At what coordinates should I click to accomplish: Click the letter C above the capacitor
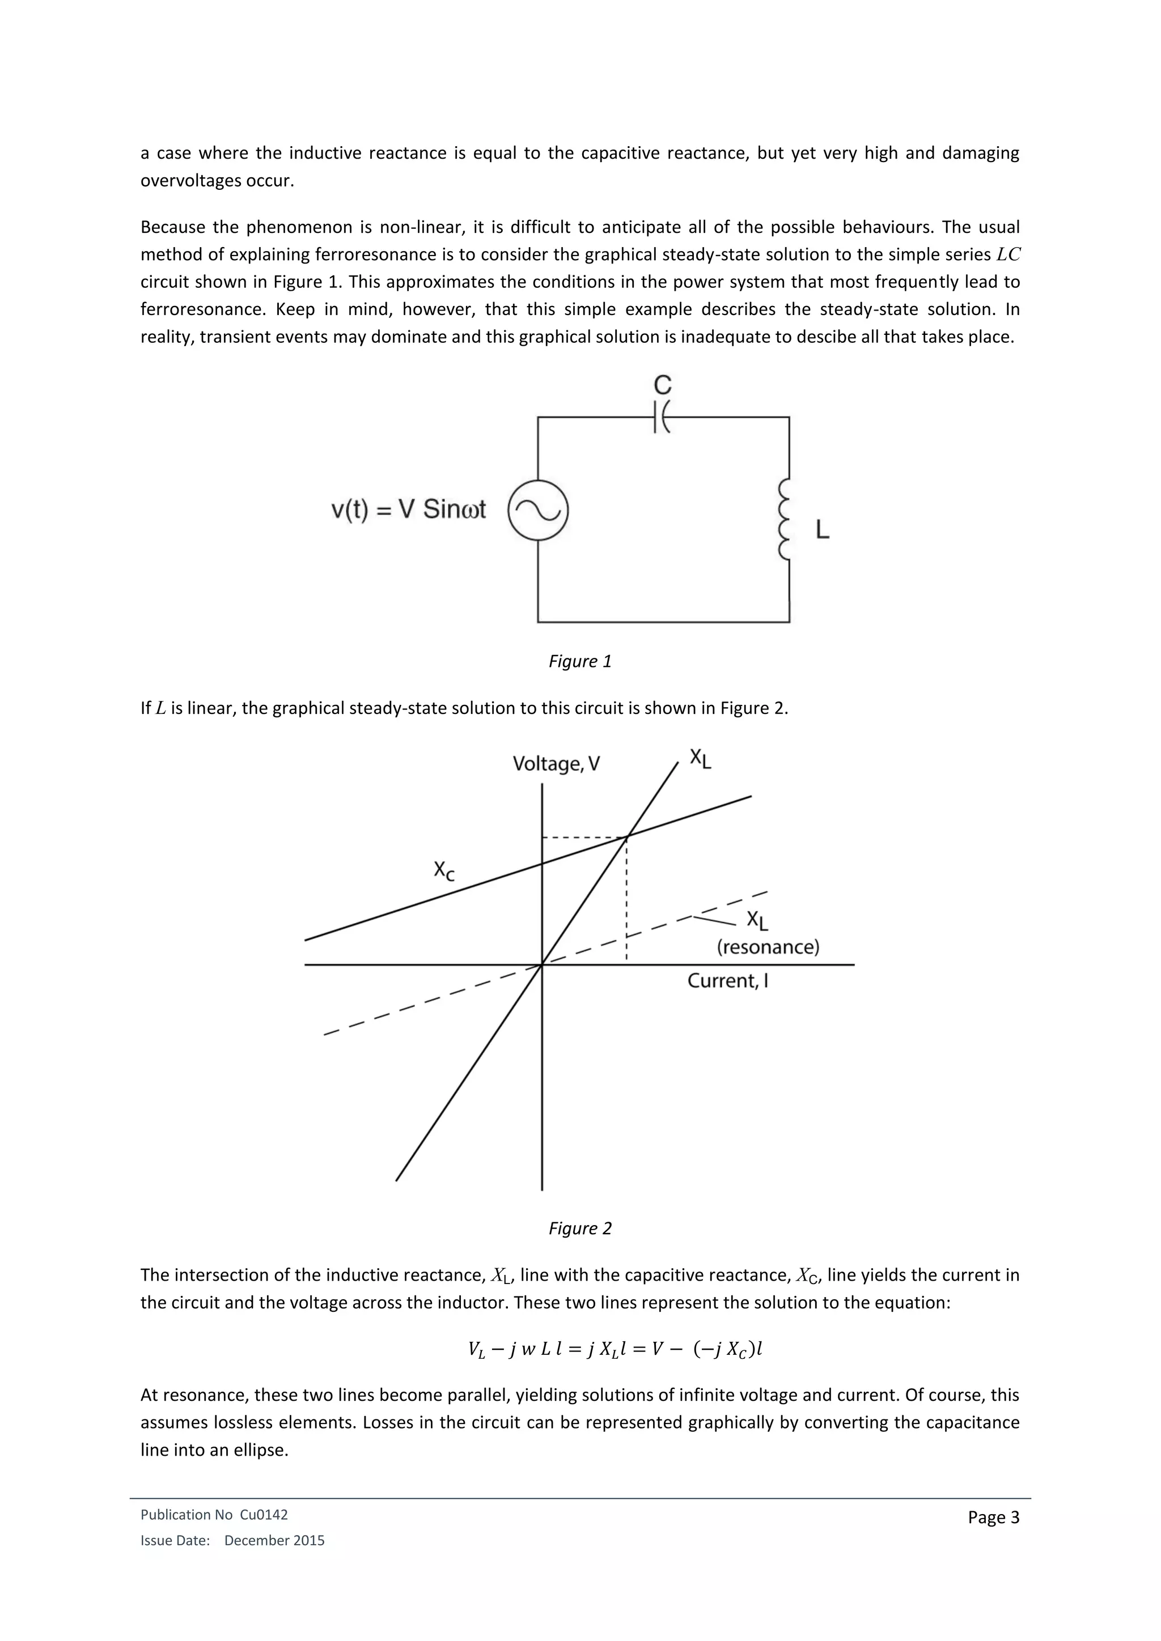[x=663, y=385]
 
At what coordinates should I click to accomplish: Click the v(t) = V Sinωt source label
[x=408, y=509]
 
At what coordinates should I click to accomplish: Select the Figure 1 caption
[x=580, y=661]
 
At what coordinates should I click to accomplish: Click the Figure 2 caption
[x=580, y=1228]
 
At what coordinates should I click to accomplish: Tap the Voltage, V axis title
[x=556, y=764]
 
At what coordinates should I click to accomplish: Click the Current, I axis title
[x=727, y=981]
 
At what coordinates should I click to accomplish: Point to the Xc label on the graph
[x=444, y=870]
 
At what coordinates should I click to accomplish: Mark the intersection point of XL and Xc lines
[x=627, y=835]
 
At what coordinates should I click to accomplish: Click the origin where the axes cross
[x=542, y=965]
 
